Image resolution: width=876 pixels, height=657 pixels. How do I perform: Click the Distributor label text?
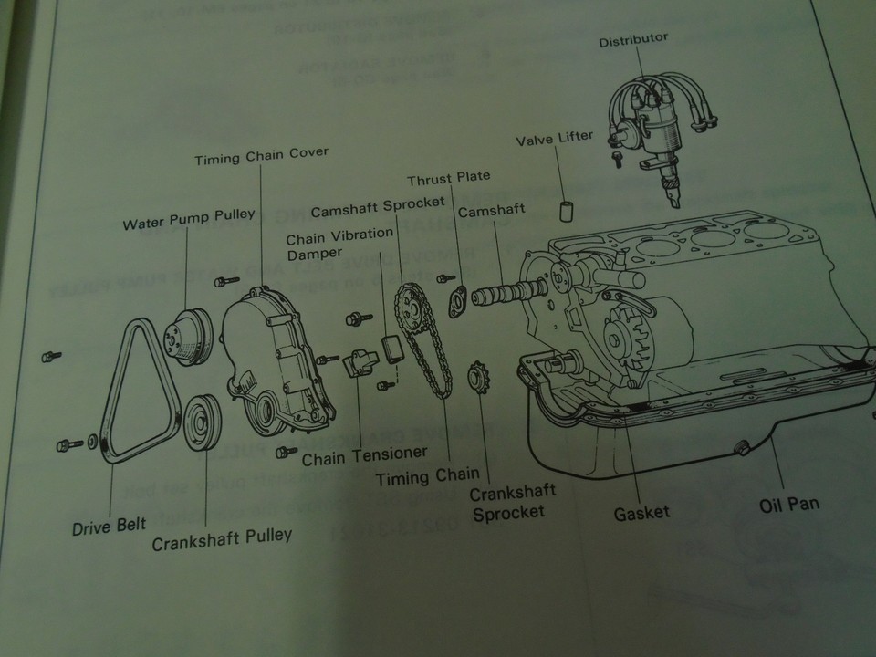(x=633, y=39)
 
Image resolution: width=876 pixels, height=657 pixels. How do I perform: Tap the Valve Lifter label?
(x=555, y=139)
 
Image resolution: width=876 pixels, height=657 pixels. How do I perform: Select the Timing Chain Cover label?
(x=261, y=156)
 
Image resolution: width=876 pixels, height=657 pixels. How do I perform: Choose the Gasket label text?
(x=641, y=512)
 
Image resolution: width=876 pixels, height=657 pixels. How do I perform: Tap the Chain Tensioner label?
(x=364, y=454)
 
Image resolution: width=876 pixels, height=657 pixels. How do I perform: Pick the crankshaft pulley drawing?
(x=199, y=423)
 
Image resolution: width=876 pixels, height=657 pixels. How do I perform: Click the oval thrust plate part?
(x=456, y=301)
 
